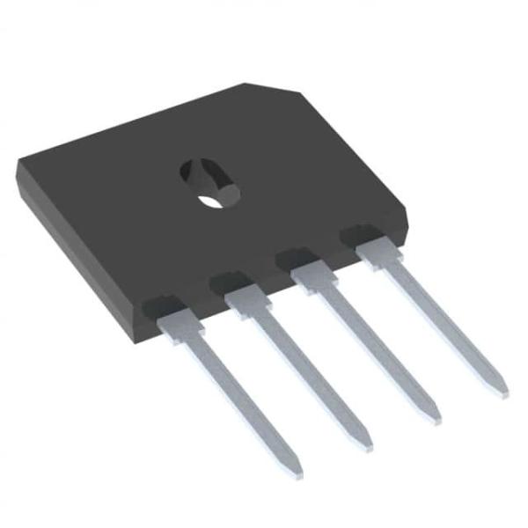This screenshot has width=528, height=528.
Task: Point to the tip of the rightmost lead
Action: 502,391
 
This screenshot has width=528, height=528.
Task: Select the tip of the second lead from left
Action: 367,446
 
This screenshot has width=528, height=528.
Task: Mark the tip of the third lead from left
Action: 433,419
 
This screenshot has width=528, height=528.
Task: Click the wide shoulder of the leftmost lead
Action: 180,326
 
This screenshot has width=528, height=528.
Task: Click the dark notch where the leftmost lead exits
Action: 164,308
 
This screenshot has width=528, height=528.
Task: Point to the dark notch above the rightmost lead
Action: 361,234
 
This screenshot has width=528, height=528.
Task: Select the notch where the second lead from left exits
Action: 231,283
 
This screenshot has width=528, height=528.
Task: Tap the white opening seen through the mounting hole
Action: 211,200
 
